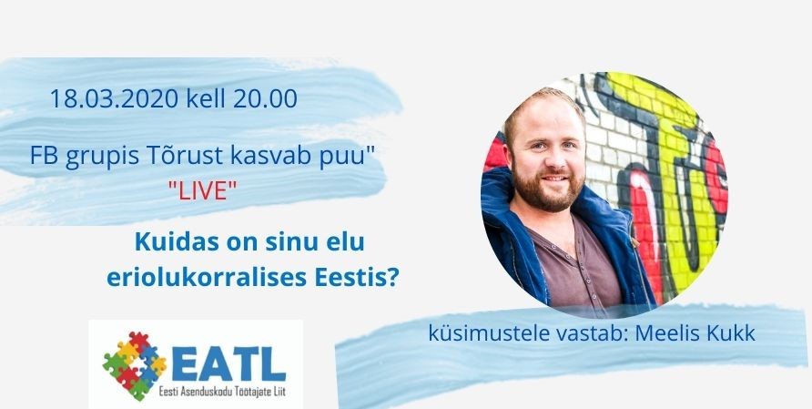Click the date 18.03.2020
(115, 98)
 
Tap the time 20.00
(265, 98)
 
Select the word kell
(206, 98)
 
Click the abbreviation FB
(44, 156)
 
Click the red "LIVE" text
(202, 191)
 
